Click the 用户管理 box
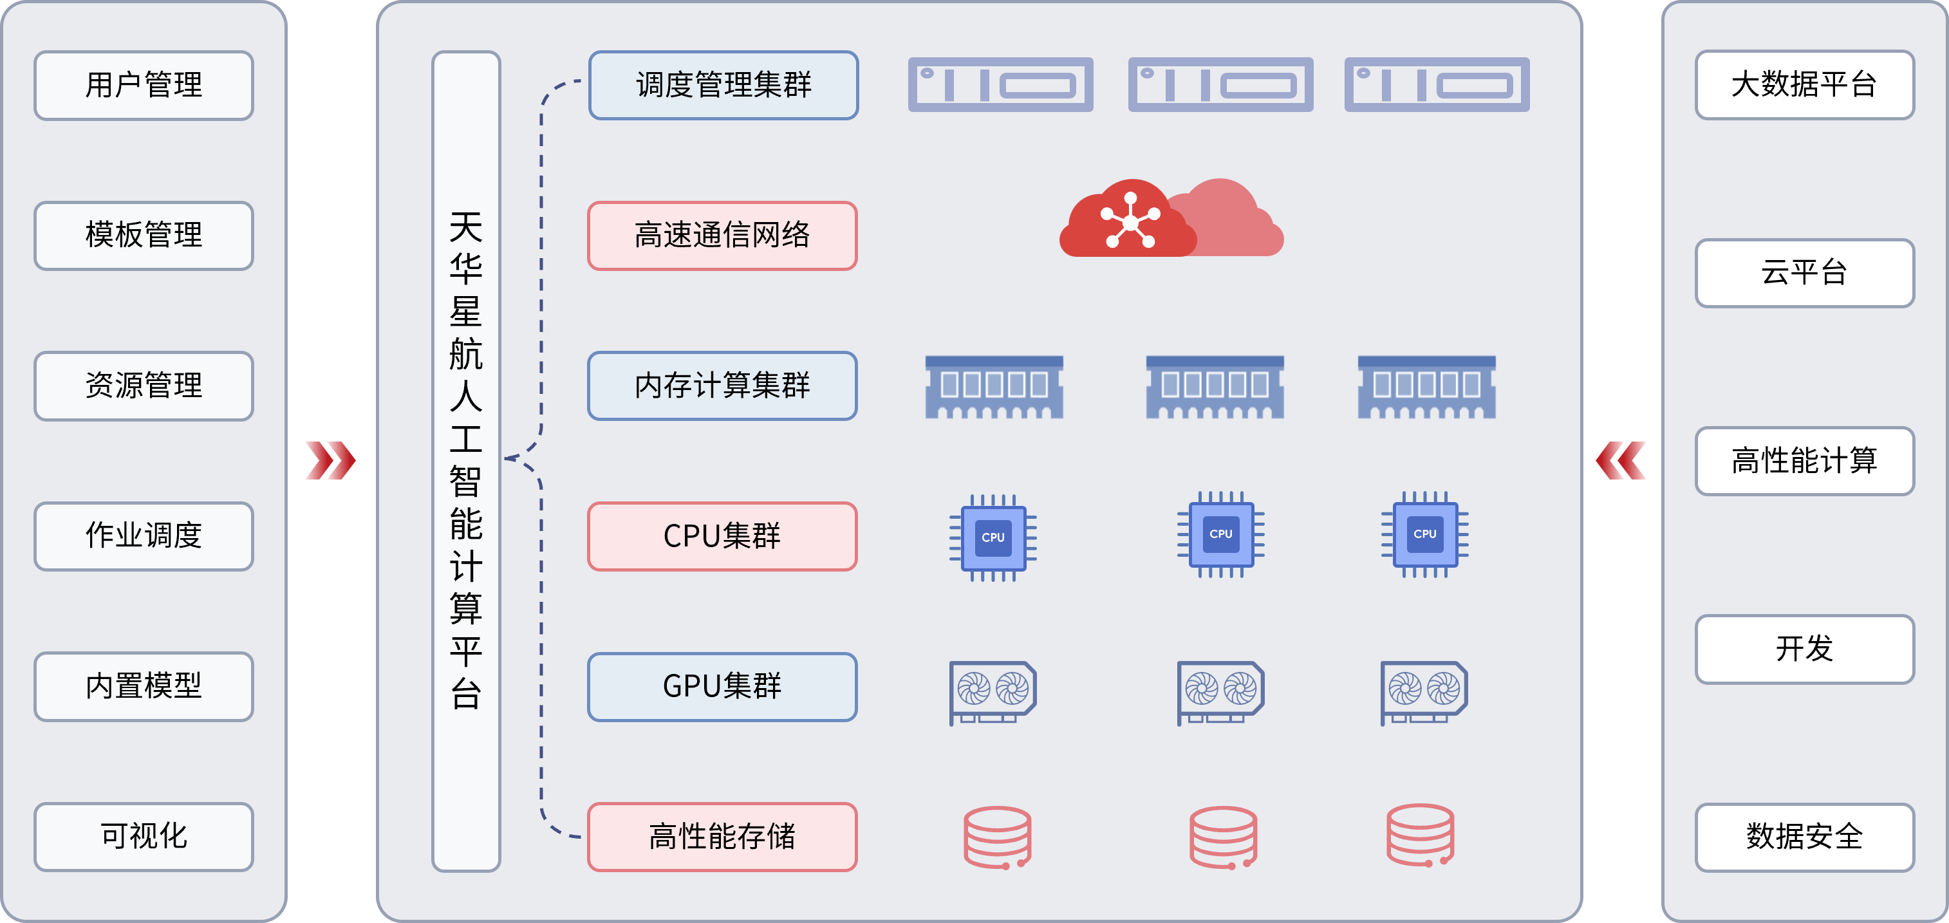click(x=144, y=85)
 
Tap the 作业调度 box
click(x=144, y=536)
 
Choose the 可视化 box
click(x=144, y=837)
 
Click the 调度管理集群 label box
click(x=723, y=85)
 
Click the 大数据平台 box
click(x=1804, y=85)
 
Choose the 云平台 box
click(x=1804, y=272)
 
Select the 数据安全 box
click(x=1804, y=837)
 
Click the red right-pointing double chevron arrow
click(x=330, y=460)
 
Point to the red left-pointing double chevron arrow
click(x=1621, y=460)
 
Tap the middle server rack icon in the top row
click(x=1220, y=85)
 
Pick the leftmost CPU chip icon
click(x=993, y=537)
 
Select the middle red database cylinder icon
click(x=1223, y=837)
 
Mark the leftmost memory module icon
click(x=994, y=387)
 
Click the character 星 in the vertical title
click(x=466, y=312)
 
